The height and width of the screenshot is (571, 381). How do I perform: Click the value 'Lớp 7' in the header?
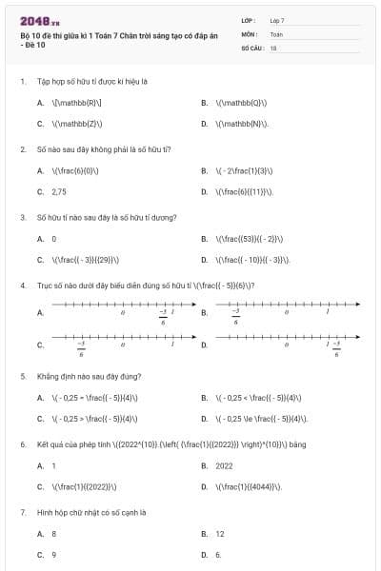277,20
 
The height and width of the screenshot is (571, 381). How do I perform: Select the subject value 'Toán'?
276,33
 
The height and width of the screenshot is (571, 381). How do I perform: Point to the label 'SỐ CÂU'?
251,47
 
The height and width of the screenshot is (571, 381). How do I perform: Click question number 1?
22,82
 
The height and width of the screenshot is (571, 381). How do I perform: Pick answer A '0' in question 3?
53,239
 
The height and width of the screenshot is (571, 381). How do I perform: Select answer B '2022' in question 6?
224,466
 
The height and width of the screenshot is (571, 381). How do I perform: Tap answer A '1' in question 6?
53,466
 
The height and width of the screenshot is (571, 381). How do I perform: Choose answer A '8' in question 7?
53,534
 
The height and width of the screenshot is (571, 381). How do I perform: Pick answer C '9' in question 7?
53,554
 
